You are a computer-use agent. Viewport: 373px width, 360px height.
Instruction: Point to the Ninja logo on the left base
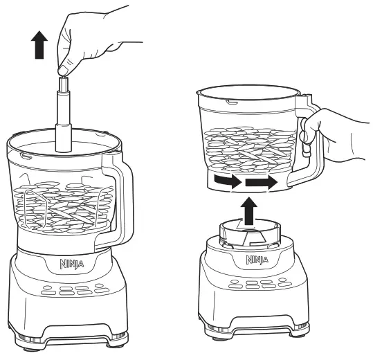pyautogui.click(x=66, y=264)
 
